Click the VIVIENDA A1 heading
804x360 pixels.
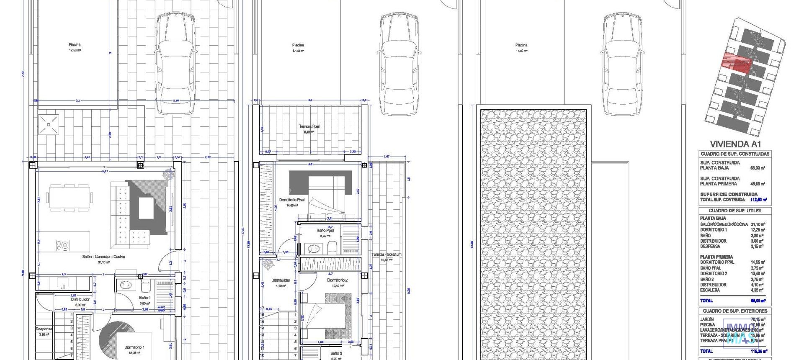735,144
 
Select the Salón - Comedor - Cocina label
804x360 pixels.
103,256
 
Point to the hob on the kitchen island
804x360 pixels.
63,245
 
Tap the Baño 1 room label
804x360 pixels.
145,298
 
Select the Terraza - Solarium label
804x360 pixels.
386,255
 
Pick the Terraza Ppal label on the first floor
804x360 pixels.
309,126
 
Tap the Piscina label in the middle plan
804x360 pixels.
298,45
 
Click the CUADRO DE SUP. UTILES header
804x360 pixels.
735,211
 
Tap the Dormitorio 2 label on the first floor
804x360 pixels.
338,280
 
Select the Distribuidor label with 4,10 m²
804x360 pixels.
281,280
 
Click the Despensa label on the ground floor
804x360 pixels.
44,329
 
